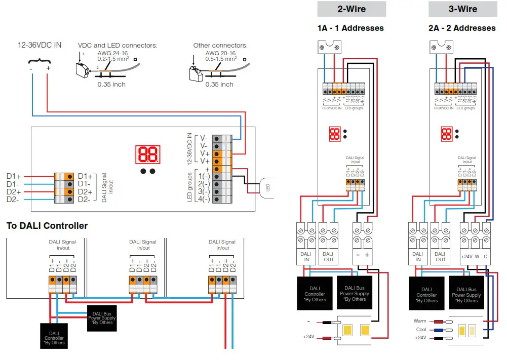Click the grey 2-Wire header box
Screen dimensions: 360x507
352,9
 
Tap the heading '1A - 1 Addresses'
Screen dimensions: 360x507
351,28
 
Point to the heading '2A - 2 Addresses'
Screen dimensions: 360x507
462,28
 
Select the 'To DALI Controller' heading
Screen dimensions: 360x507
47,226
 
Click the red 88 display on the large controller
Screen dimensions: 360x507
148,155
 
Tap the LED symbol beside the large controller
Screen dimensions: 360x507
267,187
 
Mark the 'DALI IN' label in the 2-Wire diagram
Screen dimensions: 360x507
306,257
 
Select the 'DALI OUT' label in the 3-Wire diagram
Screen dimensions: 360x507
441,257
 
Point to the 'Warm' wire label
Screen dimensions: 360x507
420,321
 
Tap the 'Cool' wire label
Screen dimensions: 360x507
421,330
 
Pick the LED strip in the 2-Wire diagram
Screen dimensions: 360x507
354,331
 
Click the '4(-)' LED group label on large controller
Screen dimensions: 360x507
204,199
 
